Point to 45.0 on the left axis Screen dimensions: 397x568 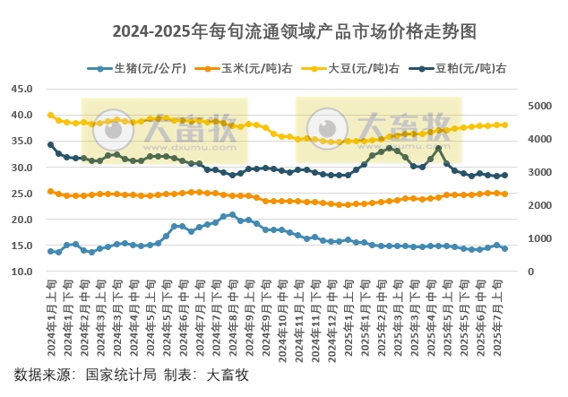(22, 89)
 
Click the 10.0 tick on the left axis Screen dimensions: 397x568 (22, 272)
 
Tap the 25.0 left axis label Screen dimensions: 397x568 (22, 194)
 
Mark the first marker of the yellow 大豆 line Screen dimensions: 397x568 (50, 115)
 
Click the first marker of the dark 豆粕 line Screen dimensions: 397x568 (50, 144)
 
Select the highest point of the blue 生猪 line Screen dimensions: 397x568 (233, 214)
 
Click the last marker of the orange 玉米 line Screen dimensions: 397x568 (505, 194)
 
